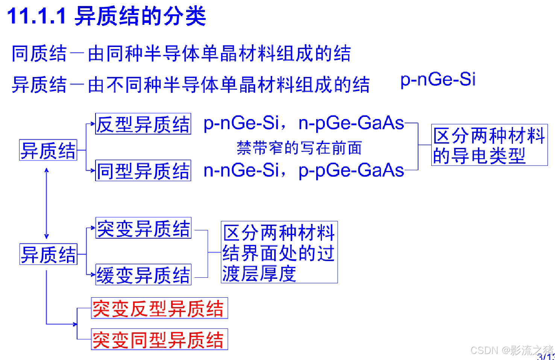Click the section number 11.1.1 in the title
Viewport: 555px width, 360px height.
[x=37, y=17]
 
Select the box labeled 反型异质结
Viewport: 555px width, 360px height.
[x=143, y=124]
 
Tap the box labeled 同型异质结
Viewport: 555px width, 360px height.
[x=143, y=171]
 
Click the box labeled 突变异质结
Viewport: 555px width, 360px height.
[x=143, y=228]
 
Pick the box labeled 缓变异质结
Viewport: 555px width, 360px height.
[x=143, y=275]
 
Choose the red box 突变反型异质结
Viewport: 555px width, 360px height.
[x=159, y=309]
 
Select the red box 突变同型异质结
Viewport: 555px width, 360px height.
[x=159, y=340]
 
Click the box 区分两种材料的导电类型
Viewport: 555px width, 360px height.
[x=489, y=145]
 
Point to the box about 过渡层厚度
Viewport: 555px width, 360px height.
[x=279, y=252]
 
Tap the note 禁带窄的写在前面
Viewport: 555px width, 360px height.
[x=299, y=148]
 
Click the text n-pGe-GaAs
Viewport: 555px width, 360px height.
[x=351, y=123]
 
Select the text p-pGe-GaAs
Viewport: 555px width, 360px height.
[x=351, y=171]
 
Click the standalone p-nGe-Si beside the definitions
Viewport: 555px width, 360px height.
[x=438, y=80]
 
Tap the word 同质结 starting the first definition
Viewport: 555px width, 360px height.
[x=39, y=53]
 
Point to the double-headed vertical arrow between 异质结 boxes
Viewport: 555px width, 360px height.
[x=47, y=203]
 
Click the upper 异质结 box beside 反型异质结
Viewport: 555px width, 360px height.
[x=48, y=150]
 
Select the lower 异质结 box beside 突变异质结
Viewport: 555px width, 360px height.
[x=48, y=254]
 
